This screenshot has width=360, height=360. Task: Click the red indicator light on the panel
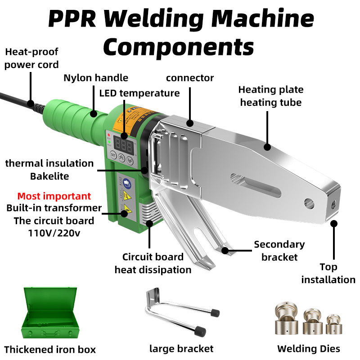pyautogui.click(x=108, y=135)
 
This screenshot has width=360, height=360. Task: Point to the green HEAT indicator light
pyautogui.click(x=108, y=142)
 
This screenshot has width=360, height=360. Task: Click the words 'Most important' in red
pyautogui.click(x=54, y=196)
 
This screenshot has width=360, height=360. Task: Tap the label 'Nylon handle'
pyautogui.click(x=95, y=78)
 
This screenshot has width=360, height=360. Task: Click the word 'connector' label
pyautogui.click(x=189, y=78)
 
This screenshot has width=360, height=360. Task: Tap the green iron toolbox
pyautogui.click(x=48, y=315)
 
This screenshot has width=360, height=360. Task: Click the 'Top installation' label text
pyautogui.click(x=328, y=273)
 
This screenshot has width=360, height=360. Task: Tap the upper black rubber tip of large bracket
pyautogui.click(x=215, y=312)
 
